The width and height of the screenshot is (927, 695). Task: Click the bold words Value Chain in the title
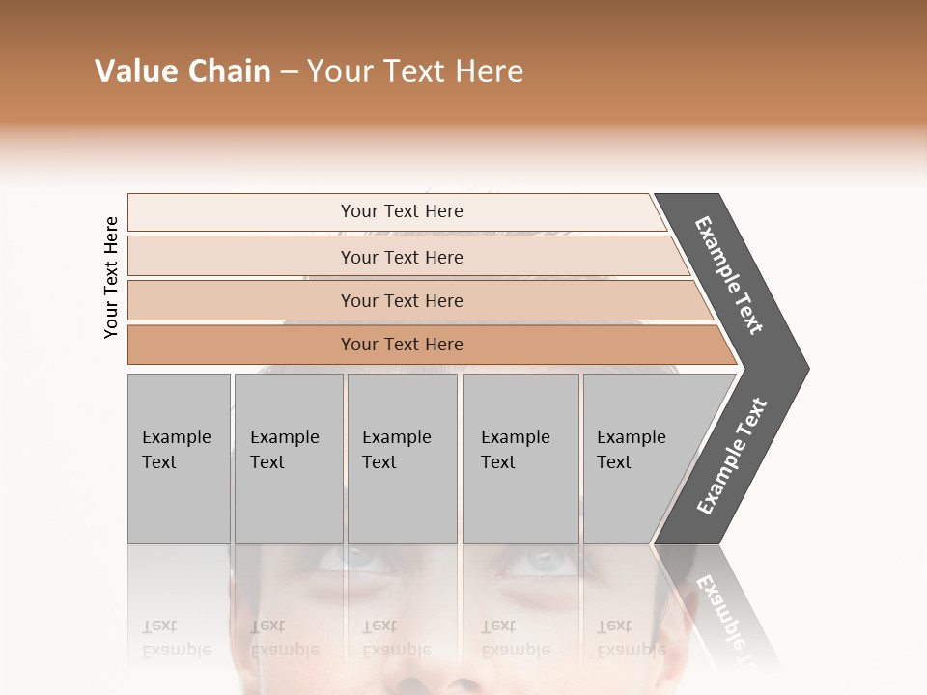tap(183, 71)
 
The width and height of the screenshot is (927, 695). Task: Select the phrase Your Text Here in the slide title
tap(415, 71)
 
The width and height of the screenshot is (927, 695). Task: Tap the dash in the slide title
tap(289, 72)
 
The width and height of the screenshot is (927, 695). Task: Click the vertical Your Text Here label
tap(111, 277)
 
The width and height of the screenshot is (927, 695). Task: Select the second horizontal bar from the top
tap(401, 257)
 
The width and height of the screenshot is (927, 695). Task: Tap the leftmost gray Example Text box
tap(179, 459)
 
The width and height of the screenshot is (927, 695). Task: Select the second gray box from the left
tap(288, 459)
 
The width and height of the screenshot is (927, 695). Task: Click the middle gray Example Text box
tap(402, 459)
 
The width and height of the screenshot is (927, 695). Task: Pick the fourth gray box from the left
tap(520, 459)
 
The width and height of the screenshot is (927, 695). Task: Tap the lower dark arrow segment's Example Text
tap(731, 457)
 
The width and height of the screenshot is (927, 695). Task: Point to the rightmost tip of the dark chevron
tap(807, 369)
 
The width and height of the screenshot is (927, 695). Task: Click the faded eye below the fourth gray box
tap(546, 560)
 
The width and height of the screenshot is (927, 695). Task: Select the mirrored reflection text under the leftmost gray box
tap(176, 639)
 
